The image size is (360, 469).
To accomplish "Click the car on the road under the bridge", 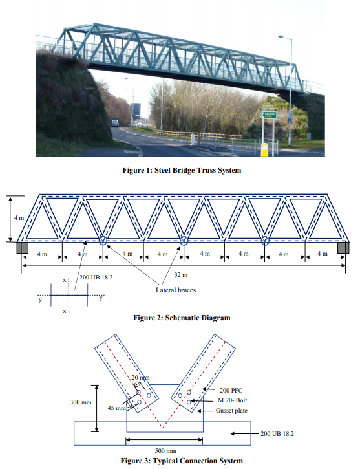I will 115,123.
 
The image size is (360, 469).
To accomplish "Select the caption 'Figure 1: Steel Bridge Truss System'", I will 179,171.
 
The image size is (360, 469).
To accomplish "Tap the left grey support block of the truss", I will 21,248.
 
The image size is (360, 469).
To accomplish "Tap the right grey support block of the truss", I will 343,248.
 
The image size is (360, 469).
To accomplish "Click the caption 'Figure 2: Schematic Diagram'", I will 181,318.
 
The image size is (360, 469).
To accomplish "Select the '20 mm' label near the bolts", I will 140,377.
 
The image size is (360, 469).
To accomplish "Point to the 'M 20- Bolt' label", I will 235,401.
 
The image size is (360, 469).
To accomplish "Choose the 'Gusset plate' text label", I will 236,411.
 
